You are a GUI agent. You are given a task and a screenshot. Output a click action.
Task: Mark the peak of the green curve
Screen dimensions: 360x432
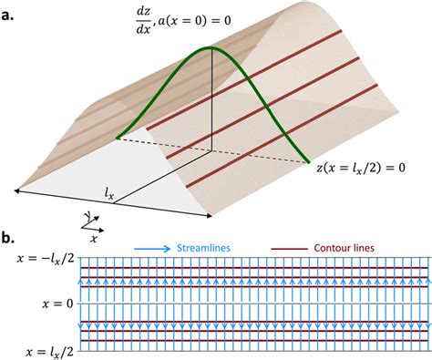(x=211, y=48)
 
